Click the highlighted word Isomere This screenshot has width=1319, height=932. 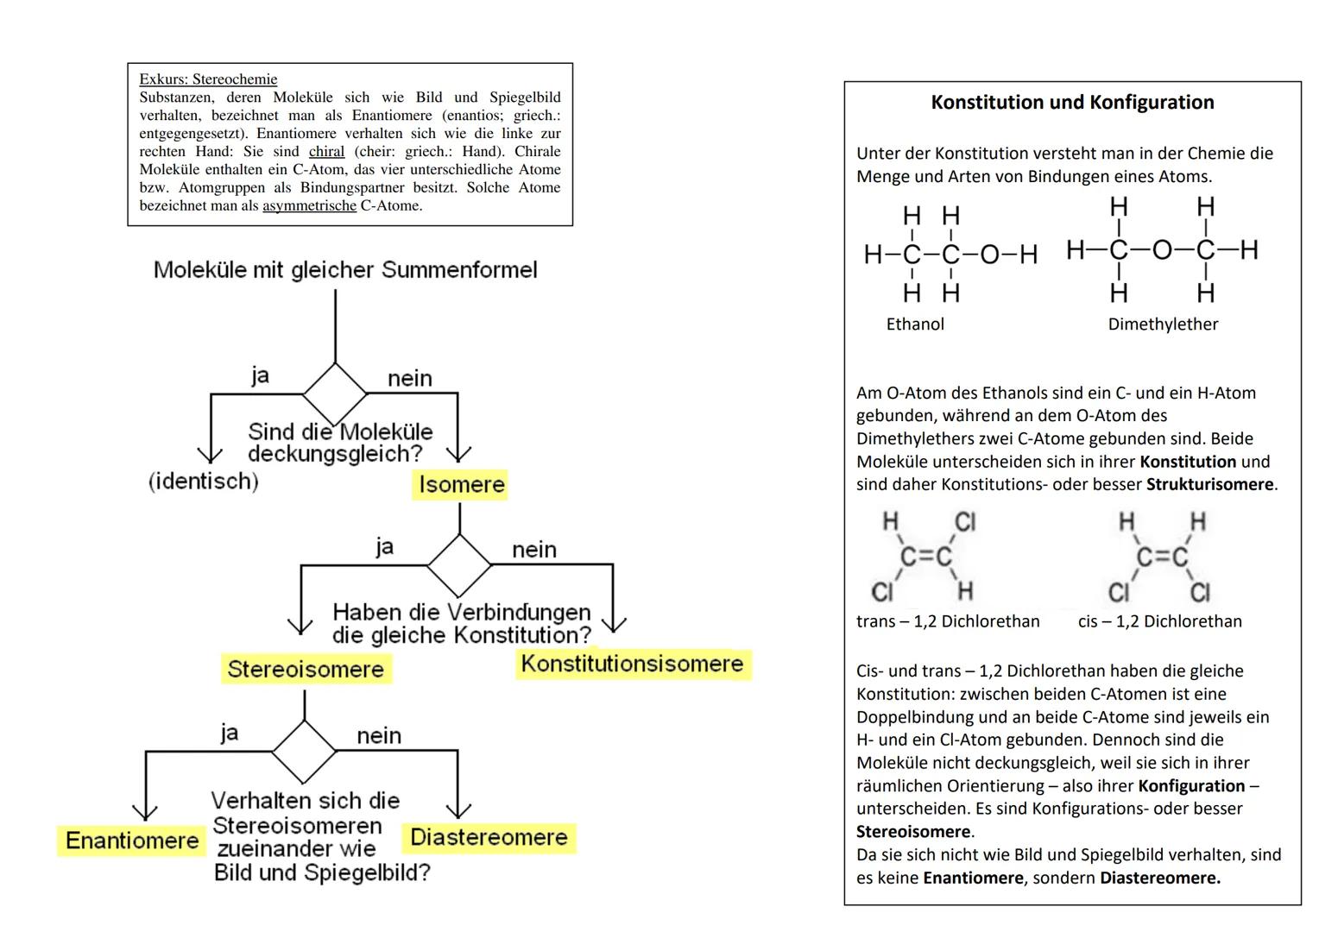pyautogui.click(x=461, y=485)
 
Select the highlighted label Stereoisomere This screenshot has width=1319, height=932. pyautogui.click(x=306, y=669)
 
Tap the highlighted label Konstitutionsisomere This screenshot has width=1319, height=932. pyautogui.click(x=632, y=664)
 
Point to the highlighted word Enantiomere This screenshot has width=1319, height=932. pyautogui.click(x=132, y=841)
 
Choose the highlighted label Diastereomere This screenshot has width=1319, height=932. pyautogui.click(x=489, y=837)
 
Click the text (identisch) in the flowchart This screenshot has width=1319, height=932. pyautogui.click(x=204, y=481)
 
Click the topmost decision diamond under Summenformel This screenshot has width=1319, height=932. pyautogui.click(x=335, y=394)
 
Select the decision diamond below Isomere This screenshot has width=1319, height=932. pyautogui.click(x=459, y=564)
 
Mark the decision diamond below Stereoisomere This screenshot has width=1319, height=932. pyautogui.click(x=305, y=751)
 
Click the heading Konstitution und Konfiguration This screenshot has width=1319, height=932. pyautogui.click(x=1072, y=103)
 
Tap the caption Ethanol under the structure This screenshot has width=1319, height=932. pyautogui.click(x=915, y=324)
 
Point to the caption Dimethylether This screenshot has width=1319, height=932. pyautogui.click(x=1163, y=324)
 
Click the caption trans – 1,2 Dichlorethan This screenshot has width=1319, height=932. pyautogui.click(x=948, y=621)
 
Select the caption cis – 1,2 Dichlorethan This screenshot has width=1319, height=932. pyautogui.click(x=1159, y=621)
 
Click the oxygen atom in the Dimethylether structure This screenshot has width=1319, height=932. pyautogui.click(x=1162, y=250)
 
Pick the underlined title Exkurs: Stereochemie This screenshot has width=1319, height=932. pyautogui.click(x=208, y=79)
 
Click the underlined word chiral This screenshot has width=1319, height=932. pyautogui.click(x=326, y=151)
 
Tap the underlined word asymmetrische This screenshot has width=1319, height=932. pyautogui.click(x=309, y=205)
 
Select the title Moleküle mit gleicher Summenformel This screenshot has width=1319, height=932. pyautogui.click(x=345, y=270)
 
